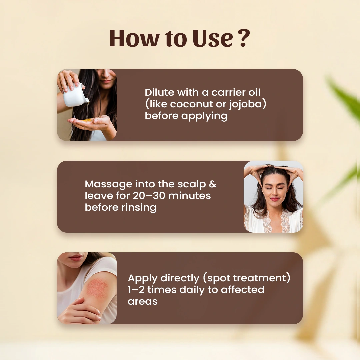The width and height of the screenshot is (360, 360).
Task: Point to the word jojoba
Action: point(246,104)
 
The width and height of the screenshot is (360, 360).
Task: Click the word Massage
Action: point(108,184)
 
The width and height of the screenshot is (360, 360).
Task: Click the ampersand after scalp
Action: point(212,184)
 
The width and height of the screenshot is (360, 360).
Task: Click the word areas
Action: point(143,301)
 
